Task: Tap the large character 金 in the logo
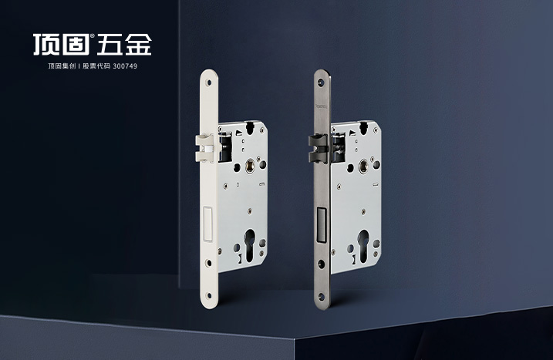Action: click(138, 45)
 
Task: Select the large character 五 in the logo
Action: click(110, 45)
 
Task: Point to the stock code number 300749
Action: click(125, 66)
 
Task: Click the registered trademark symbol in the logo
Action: click(93, 36)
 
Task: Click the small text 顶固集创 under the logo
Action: click(62, 66)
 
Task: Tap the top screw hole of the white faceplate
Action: click(209, 82)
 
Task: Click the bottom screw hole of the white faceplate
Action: click(209, 295)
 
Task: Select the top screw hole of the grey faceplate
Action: click(322, 82)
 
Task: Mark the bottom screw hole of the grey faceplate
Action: click(322, 296)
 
